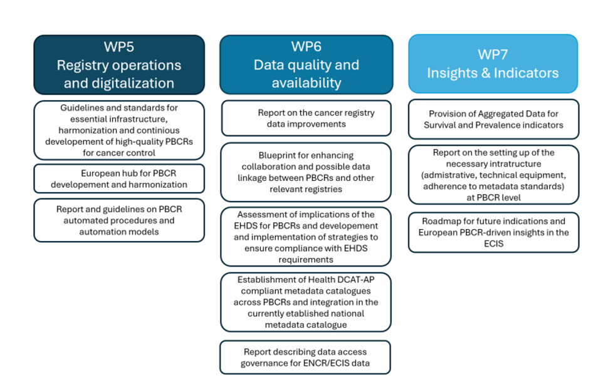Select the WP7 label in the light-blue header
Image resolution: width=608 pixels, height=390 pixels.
[x=493, y=54]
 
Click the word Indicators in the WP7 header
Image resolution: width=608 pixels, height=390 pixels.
[x=525, y=73]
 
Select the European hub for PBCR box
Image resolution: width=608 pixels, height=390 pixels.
[x=119, y=178]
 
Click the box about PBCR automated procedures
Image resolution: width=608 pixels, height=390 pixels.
[x=119, y=220]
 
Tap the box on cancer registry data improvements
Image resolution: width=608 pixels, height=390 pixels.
[x=306, y=118]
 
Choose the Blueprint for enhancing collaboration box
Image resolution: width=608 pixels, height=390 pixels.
[x=306, y=172]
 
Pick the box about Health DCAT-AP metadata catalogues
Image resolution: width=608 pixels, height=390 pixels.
[x=306, y=302]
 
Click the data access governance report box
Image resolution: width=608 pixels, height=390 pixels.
[x=306, y=357]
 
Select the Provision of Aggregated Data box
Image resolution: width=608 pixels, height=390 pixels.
[x=493, y=119]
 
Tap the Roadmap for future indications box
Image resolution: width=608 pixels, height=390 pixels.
[x=493, y=232]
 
